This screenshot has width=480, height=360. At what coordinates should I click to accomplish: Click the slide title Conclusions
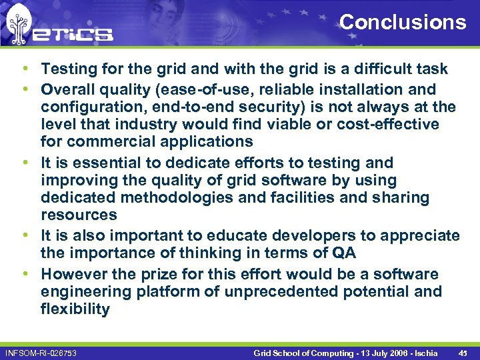[403, 22]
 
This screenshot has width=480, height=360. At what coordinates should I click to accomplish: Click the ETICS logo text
[73, 33]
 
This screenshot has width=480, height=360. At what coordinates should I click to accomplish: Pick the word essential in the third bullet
[104, 163]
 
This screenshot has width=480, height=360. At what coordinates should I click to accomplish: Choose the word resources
[79, 215]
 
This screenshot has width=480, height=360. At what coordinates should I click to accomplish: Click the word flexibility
[75, 309]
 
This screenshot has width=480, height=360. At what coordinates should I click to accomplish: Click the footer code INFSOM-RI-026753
[40, 352]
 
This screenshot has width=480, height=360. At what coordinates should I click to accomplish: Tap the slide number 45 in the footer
[461, 352]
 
